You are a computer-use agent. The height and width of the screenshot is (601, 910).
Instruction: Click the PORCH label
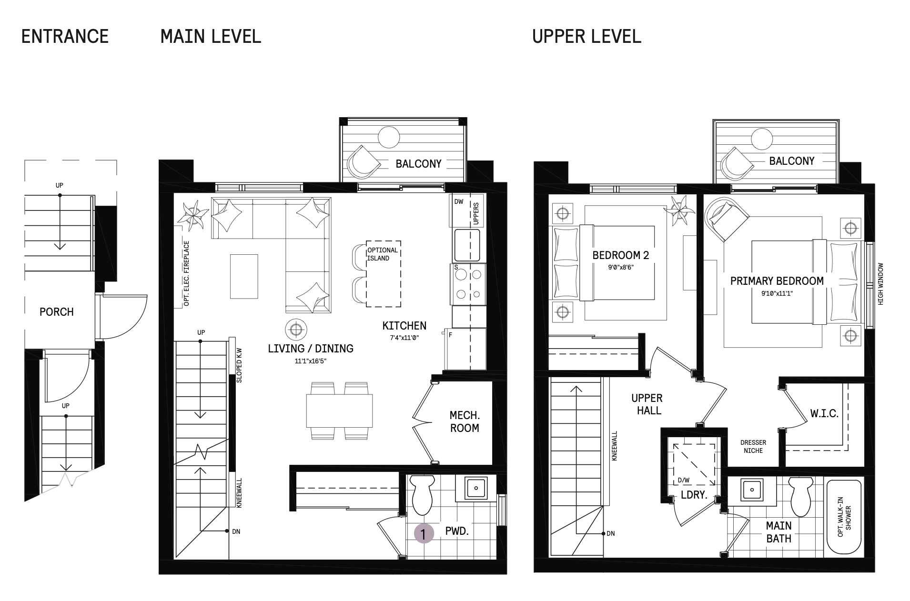pyautogui.click(x=57, y=312)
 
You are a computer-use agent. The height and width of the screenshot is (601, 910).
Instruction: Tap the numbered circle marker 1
pyautogui.click(x=424, y=533)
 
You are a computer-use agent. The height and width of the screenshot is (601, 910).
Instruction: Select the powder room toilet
pyautogui.click(x=422, y=495)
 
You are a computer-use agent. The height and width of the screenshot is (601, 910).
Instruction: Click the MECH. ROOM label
pyautogui.click(x=465, y=421)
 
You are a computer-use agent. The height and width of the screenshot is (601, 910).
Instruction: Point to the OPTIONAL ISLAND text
pyautogui.click(x=382, y=254)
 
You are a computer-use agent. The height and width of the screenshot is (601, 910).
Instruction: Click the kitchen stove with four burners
pyautogui.click(x=467, y=284)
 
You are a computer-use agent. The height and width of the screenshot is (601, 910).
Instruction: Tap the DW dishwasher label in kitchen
pyautogui.click(x=458, y=201)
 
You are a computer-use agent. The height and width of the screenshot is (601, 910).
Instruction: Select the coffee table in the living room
pyautogui.click(x=244, y=276)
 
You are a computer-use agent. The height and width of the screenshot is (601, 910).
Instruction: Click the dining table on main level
pyautogui.click(x=339, y=411)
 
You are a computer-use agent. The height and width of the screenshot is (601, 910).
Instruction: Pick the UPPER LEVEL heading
pyautogui.click(x=586, y=37)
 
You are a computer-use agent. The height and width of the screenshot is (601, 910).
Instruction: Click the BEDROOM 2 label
pyautogui.click(x=620, y=255)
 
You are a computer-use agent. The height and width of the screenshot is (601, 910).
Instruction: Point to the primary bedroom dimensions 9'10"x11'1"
pyautogui.click(x=777, y=293)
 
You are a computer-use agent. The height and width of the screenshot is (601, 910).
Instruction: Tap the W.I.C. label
pyautogui.click(x=824, y=413)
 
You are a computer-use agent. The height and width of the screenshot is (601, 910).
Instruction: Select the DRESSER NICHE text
pyautogui.click(x=753, y=446)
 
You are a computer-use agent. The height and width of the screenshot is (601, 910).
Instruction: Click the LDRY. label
pyautogui.click(x=694, y=495)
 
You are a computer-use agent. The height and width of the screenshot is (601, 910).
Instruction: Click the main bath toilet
pyautogui.click(x=800, y=497)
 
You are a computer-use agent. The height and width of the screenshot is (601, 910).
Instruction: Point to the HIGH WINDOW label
pyautogui.click(x=880, y=284)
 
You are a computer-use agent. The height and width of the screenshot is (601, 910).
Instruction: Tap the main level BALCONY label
pyautogui.click(x=418, y=164)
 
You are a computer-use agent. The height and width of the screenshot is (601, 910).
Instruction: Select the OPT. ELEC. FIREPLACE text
pyautogui.click(x=186, y=273)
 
